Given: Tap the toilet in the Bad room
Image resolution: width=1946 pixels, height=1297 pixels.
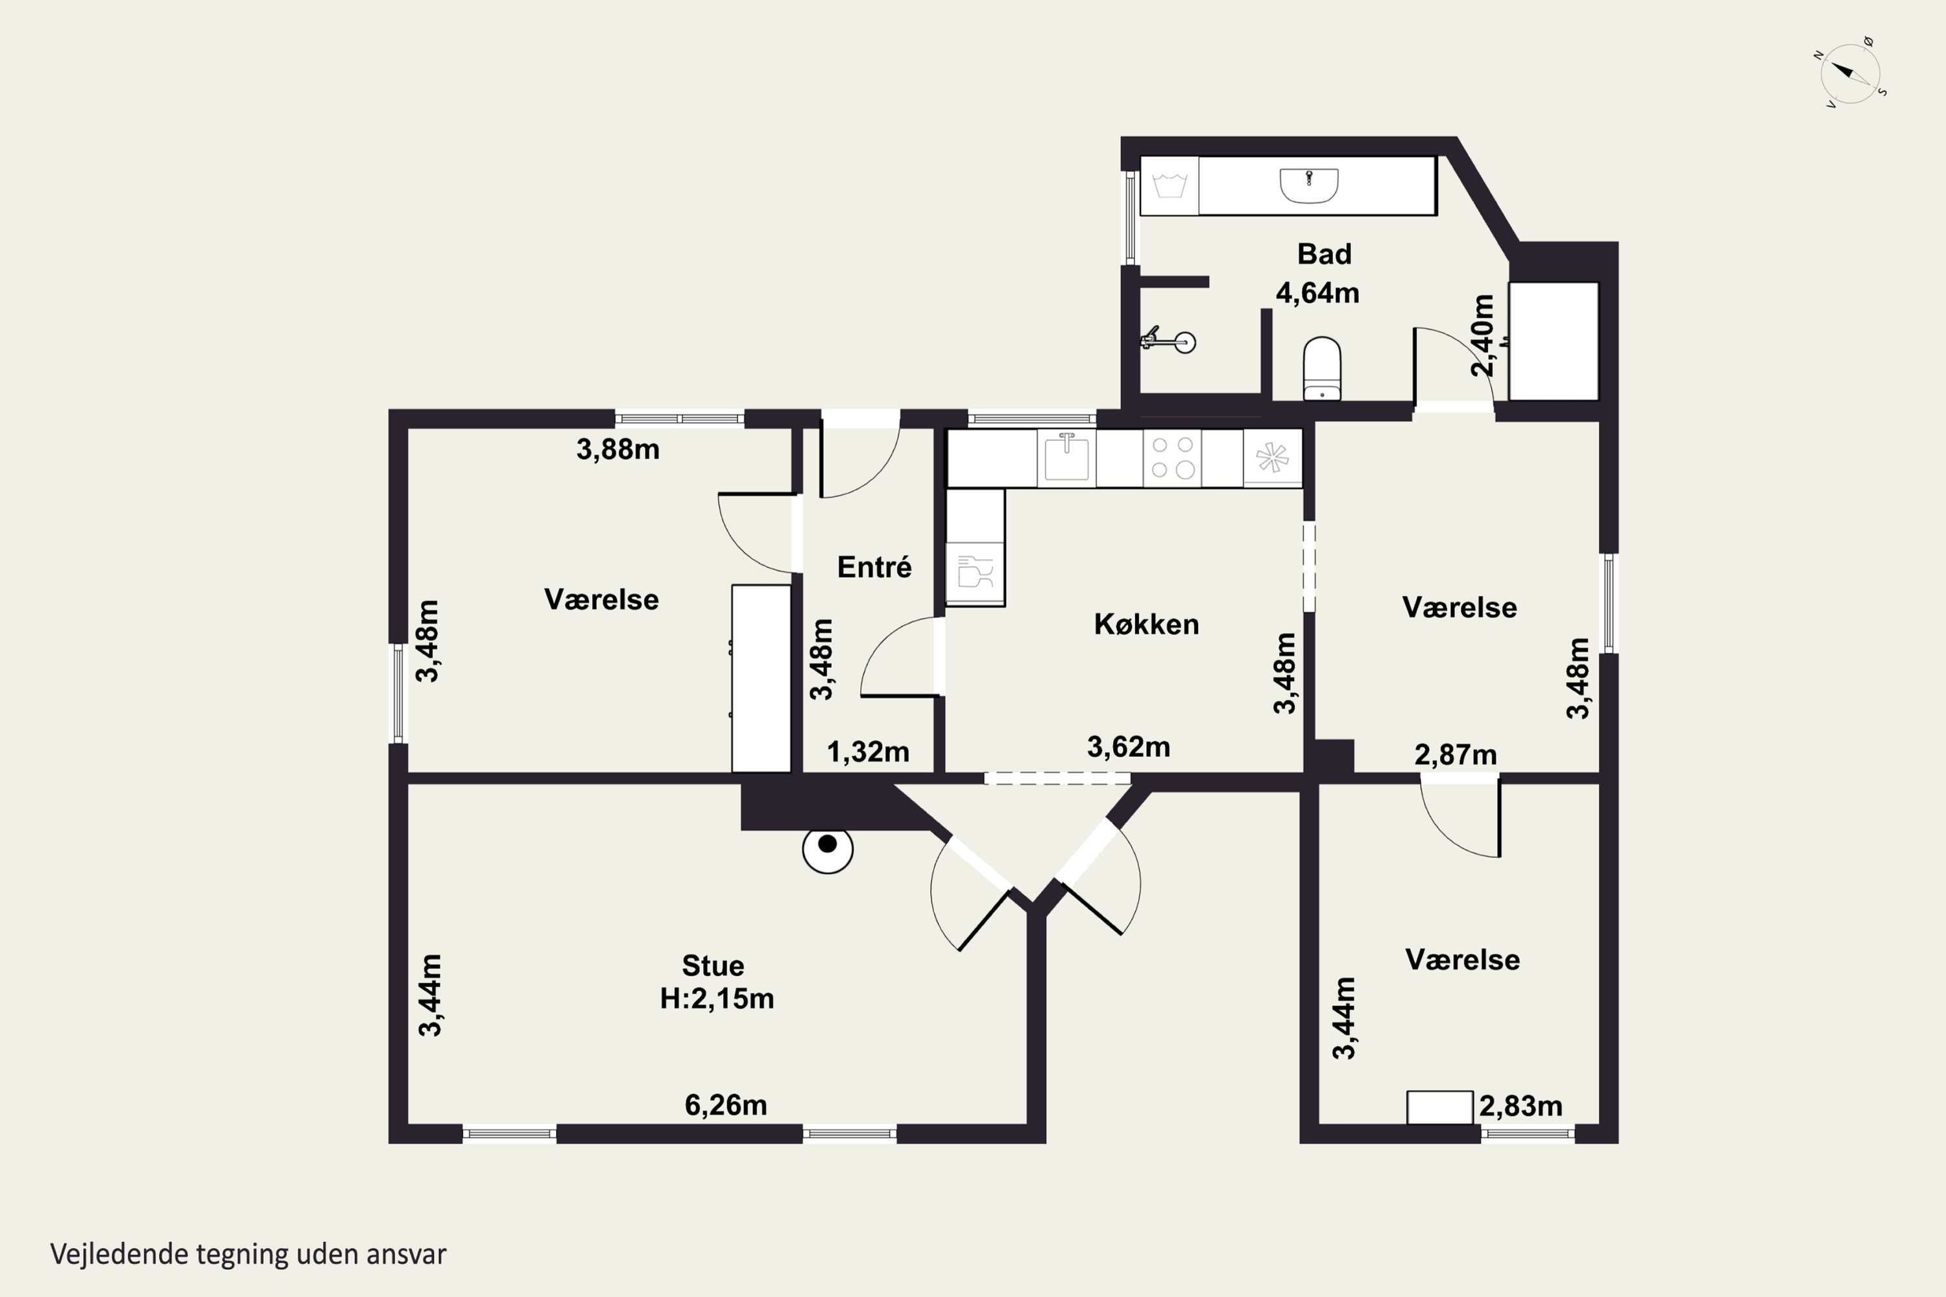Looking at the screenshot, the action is point(1322,368).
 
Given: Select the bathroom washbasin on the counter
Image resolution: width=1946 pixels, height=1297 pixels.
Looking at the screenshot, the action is point(1308,185).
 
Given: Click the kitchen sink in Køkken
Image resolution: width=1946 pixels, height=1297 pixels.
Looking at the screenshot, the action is point(1066,457).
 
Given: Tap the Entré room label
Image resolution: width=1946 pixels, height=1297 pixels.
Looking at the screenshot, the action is point(874,567).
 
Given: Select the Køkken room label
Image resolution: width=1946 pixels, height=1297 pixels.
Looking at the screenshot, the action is point(1146,624).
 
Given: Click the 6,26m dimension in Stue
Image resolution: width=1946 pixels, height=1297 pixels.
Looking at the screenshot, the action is point(726,1105).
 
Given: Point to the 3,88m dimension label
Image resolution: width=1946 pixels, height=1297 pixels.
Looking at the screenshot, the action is point(618,449).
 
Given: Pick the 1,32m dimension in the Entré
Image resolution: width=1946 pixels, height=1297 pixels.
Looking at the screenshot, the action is point(868,752).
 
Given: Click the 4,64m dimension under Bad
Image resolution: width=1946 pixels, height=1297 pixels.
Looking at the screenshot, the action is point(1317,293).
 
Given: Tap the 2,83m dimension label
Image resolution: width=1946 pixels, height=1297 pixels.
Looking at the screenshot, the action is point(1520,1106).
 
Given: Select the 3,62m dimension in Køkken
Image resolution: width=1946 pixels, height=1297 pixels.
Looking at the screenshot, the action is point(1129,747).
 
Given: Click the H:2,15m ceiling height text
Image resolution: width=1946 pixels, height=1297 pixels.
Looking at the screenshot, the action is point(717,999).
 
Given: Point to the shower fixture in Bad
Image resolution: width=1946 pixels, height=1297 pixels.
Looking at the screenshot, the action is point(1168,340).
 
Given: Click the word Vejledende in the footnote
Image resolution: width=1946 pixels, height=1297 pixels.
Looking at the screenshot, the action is point(119,1254).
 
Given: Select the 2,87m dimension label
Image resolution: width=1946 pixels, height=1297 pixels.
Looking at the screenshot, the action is point(1456,754).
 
